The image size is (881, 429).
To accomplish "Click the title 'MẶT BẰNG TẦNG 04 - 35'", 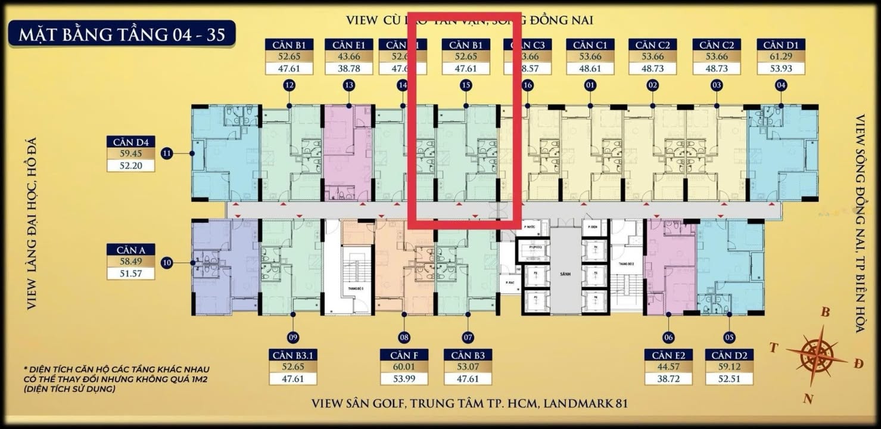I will [122, 35].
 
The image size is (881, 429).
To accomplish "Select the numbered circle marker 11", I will [167, 154].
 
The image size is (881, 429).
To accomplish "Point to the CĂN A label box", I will [130, 250].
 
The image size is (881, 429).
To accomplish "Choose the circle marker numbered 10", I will [167, 262].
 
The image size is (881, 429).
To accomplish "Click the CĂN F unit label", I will [404, 356].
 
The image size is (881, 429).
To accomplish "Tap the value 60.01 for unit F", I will [404, 367].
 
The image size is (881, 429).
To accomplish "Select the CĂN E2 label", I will [668, 356].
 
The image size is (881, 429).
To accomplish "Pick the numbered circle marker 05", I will [728, 337].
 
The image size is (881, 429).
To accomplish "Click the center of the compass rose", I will [817, 356].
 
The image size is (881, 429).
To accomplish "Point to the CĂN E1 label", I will [349, 45].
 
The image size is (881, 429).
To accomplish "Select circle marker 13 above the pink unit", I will [349, 86].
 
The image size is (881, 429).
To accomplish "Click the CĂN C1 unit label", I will [590, 45].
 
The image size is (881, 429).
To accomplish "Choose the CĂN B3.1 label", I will [292, 356].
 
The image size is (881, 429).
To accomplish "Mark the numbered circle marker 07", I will [467, 337].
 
